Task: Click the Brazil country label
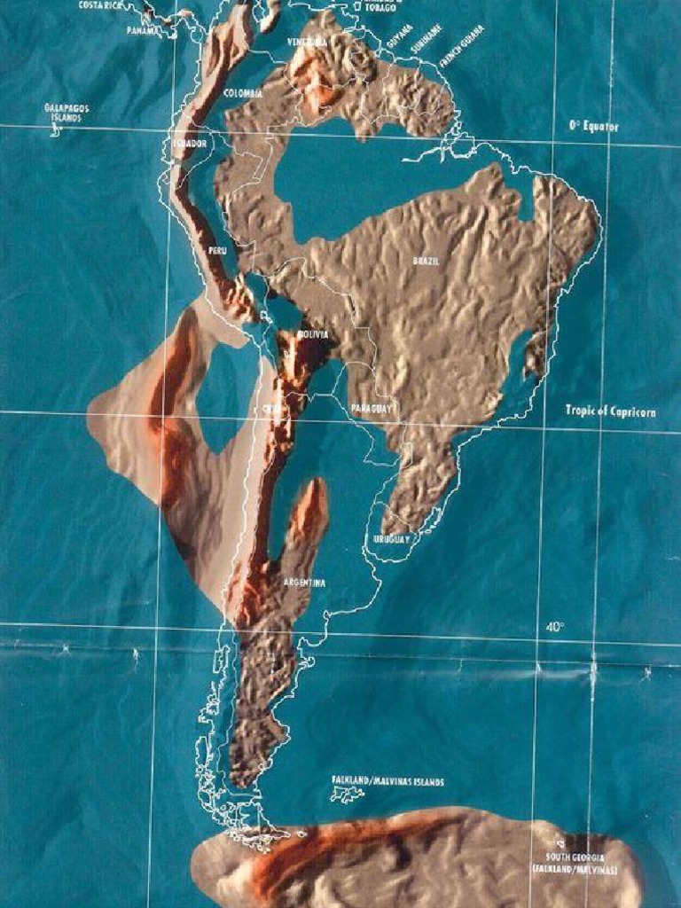click(x=426, y=262)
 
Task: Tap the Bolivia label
click(x=313, y=334)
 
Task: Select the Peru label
click(x=217, y=251)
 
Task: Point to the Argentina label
click(x=304, y=583)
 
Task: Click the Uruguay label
click(x=390, y=539)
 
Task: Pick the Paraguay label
click(x=372, y=409)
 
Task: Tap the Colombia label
click(x=242, y=93)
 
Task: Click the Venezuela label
click(x=307, y=42)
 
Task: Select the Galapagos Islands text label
click(x=67, y=112)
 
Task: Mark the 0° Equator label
click(x=594, y=127)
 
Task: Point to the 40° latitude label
click(x=555, y=627)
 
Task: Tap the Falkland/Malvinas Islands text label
click(x=387, y=781)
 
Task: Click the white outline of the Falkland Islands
click(x=348, y=794)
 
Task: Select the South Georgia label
click(x=575, y=864)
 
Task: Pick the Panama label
click(x=144, y=30)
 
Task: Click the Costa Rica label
click(x=99, y=4)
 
